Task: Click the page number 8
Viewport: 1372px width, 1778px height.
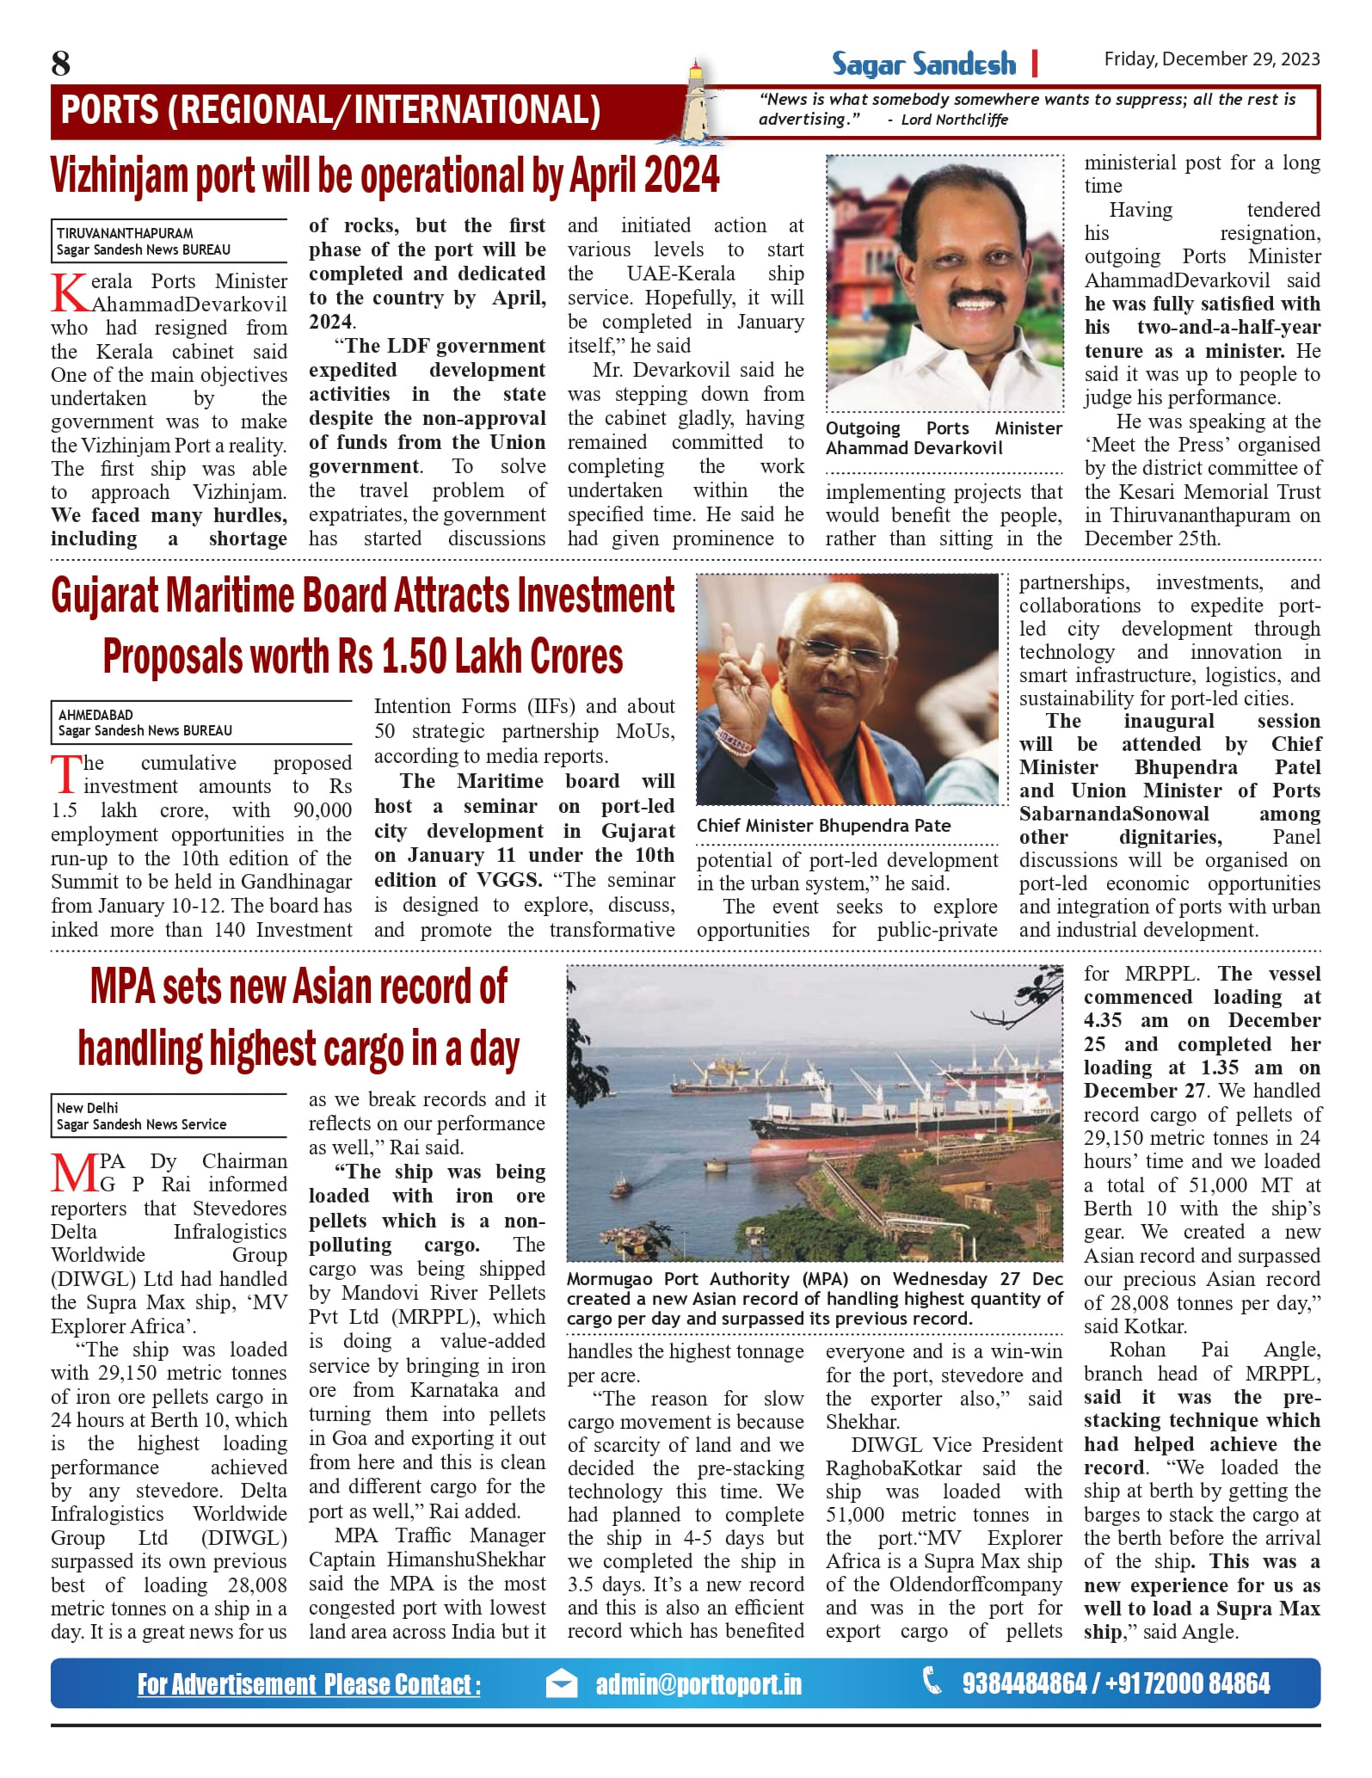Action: (x=61, y=64)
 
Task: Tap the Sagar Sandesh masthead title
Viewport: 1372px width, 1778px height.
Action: (x=923, y=65)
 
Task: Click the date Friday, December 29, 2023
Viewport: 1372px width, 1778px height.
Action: (x=1211, y=59)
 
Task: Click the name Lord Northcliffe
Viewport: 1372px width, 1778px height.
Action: (x=954, y=120)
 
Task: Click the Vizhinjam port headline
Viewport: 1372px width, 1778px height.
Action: (x=385, y=175)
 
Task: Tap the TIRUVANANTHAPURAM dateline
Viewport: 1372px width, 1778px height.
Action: (x=125, y=233)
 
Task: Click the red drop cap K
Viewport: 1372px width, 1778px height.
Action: (x=70, y=292)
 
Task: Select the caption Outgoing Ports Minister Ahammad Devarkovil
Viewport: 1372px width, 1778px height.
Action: (x=943, y=438)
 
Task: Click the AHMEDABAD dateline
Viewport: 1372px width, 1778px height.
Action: (x=95, y=714)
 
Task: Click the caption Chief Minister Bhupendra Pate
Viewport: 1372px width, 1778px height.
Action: (x=823, y=826)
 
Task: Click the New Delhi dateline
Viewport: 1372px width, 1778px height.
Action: (x=88, y=1108)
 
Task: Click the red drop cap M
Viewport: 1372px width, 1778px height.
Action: (x=75, y=1173)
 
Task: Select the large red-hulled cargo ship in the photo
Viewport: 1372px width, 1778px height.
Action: (x=860, y=1130)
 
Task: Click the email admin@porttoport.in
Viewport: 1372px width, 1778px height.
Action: (x=698, y=1684)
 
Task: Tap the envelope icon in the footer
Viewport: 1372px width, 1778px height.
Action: (x=562, y=1684)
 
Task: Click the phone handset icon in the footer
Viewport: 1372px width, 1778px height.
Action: (x=931, y=1681)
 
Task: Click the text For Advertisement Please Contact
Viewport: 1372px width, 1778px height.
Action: (x=309, y=1684)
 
